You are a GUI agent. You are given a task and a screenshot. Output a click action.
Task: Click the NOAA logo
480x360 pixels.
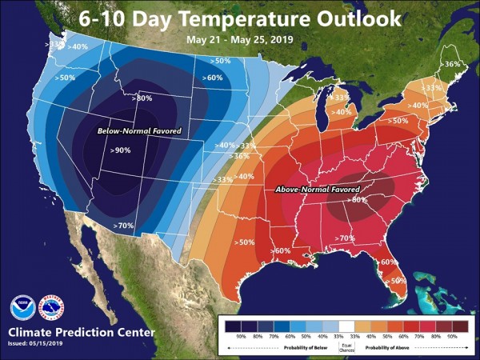click(x=22, y=308)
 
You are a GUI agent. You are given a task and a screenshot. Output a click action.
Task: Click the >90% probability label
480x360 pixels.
click(x=121, y=150)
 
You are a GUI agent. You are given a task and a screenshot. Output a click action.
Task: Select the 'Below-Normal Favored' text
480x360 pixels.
click(x=139, y=130)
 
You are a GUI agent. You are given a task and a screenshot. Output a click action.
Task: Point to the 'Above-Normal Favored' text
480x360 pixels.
click(x=317, y=190)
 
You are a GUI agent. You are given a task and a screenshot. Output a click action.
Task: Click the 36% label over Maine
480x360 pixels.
click(x=451, y=64)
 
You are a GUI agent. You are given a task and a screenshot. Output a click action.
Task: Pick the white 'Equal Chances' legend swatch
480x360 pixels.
click(x=346, y=326)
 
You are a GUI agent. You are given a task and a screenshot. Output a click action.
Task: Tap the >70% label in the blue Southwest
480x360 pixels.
click(x=125, y=226)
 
